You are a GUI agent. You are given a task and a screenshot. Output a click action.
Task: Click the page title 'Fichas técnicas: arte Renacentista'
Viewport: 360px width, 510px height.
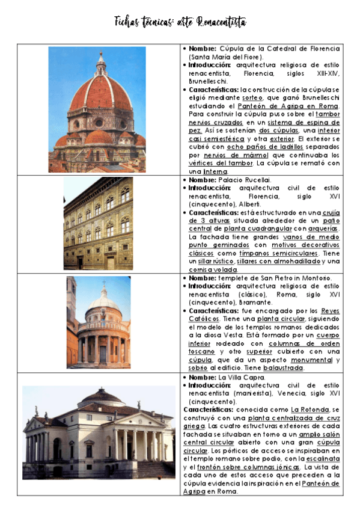click(x=180, y=23)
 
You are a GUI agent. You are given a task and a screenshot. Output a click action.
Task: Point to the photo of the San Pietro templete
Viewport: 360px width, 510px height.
click(x=98, y=322)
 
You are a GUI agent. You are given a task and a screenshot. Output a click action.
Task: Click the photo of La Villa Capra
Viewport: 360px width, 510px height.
click(x=98, y=433)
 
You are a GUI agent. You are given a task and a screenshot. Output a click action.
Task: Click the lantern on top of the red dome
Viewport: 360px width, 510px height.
click(x=100, y=62)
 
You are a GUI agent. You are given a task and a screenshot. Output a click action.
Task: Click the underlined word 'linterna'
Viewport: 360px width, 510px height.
click(x=215, y=171)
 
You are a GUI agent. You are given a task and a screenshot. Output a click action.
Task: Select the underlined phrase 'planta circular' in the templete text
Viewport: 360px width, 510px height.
click(x=282, y=318)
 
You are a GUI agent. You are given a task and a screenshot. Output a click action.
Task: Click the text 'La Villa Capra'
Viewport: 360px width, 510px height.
click(x=242, y=377)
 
